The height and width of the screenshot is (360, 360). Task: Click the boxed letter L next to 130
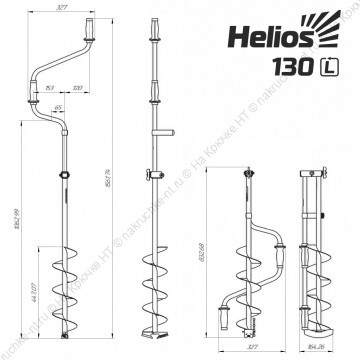point(326,71)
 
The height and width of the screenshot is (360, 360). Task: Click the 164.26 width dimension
point(319,350)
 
